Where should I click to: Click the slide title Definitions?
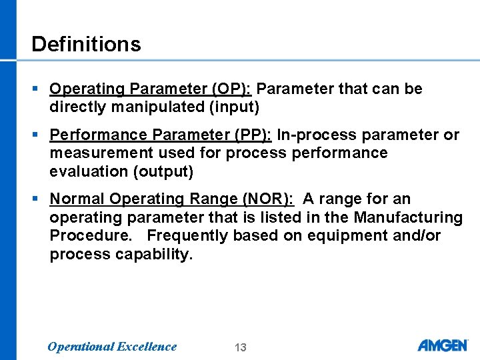86,44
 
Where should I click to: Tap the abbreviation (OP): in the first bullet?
230,89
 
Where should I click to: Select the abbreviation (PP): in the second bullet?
251,135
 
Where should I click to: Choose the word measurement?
95,153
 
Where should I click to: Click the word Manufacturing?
408,217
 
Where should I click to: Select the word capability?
154,254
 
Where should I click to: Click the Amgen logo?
443,345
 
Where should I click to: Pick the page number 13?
241,347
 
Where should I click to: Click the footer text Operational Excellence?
112,346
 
